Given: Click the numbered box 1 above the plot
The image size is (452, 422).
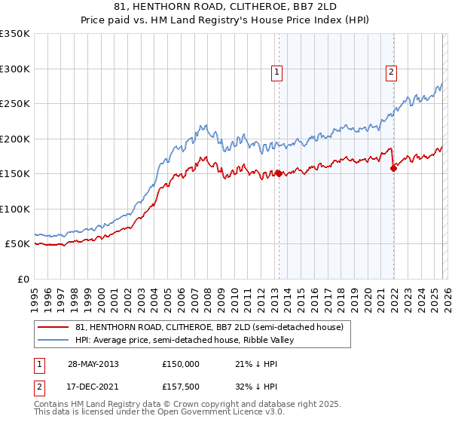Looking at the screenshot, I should pos(277,72).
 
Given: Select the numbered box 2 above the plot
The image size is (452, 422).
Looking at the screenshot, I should pos(392,72).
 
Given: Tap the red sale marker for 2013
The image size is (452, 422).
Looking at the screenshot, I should pos(279,173).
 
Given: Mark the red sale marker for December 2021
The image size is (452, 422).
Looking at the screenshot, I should pos(393,169).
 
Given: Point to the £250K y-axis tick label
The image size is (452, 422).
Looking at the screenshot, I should pos(15,104).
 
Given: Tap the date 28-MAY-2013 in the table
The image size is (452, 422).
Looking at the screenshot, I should pos(93,364).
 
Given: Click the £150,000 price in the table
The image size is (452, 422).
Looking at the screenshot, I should pos(181,364).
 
